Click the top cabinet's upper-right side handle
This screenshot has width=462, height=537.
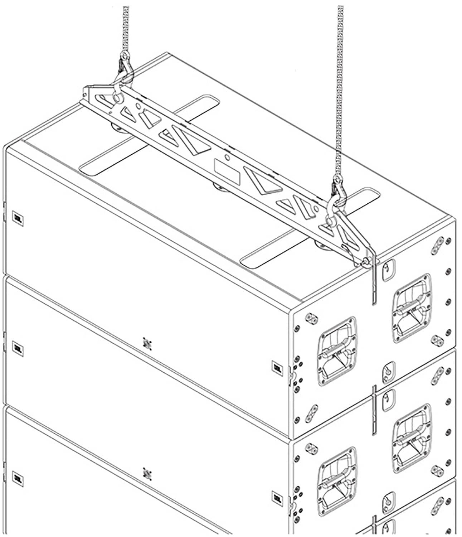coord(412,308)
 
